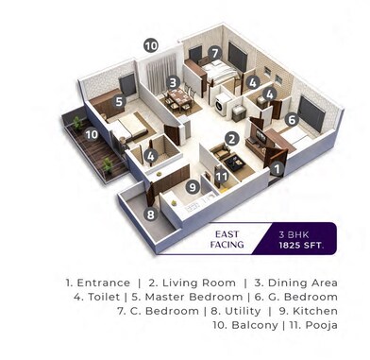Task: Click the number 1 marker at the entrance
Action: tap(277, 170)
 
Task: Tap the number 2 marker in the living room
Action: tap(230, 137)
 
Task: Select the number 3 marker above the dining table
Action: tap(173, 82)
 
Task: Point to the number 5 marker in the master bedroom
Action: tap(120, 101)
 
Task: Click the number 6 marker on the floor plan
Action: tap(292, 119)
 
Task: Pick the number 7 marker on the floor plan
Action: tap(215, 52)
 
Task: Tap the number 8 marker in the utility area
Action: tap(150, 214)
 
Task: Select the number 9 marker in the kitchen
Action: tap(192, 186)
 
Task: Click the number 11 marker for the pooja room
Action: tap(221, 175)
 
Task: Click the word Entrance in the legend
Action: tap(101, 283)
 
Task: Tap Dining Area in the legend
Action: tap(296, 283)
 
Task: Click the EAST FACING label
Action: tap(227, 238)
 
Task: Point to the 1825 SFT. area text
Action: tap(299, 245)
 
